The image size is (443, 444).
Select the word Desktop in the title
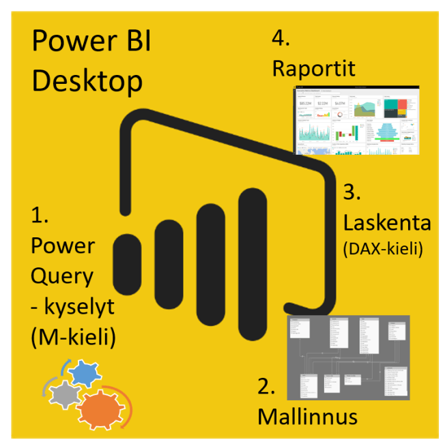tap(87, 80)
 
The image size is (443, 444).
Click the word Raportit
tap(314, 68)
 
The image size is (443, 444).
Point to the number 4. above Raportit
tap(281, 38)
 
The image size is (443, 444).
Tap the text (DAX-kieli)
tap(383, 249)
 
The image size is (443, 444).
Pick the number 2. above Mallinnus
tap(267, 387)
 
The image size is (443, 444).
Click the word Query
tap(61, 276)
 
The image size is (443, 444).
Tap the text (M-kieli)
tap(72, 338)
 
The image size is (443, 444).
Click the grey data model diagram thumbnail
tap(347, 357)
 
